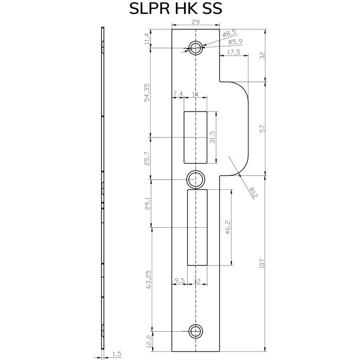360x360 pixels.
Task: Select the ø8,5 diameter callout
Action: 229,34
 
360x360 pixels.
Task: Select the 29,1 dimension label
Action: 147,204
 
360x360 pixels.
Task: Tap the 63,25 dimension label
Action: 147,279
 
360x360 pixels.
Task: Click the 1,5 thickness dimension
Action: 116,354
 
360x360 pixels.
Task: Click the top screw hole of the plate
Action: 195,48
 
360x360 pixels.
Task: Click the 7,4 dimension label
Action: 178,94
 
